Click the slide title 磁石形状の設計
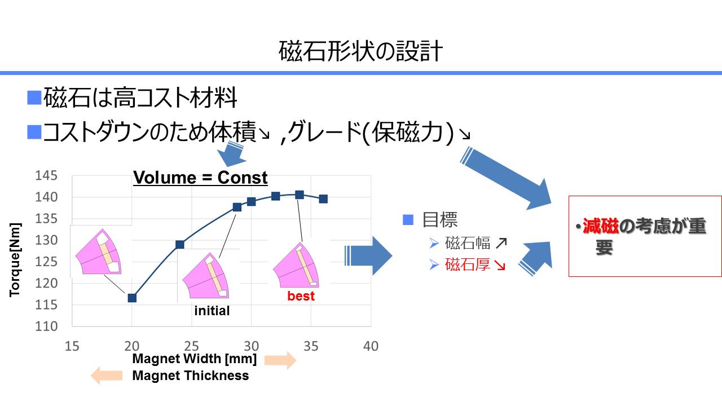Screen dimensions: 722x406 coord(360,51)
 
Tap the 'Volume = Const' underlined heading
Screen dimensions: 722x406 coord(200,178)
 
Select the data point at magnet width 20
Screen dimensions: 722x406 coord(132,298)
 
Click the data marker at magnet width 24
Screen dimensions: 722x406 coord(180,245)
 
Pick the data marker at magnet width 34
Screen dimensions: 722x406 coord(300,195)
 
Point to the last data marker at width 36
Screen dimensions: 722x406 coord(323,199)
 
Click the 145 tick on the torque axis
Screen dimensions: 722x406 coord(46,175)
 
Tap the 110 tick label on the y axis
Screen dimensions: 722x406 coord(46,326)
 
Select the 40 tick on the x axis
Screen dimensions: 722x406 coord(371,346)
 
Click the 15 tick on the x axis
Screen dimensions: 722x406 coord(72,346)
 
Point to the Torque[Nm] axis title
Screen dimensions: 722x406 coord(15,260)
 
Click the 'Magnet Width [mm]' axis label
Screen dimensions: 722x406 coord(195,359)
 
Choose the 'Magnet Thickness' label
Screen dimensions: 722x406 coord(191,376)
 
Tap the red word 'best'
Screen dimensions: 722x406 coord(301,296)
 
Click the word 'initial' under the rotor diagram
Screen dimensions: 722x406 coord(212,311)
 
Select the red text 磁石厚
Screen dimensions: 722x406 coord(468,264)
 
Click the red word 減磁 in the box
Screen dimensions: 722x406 coord(601,226)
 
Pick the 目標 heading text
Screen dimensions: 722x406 coord(439,220)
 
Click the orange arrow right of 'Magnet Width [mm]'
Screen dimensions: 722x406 coord(280,360)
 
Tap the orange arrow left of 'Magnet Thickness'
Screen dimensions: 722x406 coord(107,376)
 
